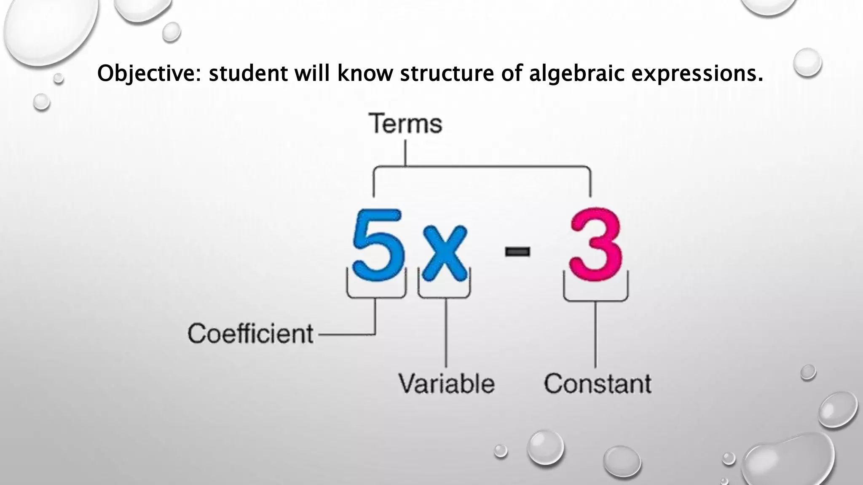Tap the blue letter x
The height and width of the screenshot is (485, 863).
[445, 253]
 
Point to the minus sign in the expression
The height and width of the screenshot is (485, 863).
[517, 252]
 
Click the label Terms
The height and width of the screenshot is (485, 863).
[405, 124]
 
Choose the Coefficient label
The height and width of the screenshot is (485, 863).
[250, 334]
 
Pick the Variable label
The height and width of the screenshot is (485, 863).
[447, 384]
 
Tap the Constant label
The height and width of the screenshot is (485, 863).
[598, 384]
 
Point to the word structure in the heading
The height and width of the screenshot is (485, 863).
[447, 74]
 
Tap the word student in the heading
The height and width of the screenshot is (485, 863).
[248, 74]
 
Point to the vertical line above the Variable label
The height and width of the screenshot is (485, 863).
[446, 333]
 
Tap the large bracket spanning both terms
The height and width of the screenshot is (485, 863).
[482, 167]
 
